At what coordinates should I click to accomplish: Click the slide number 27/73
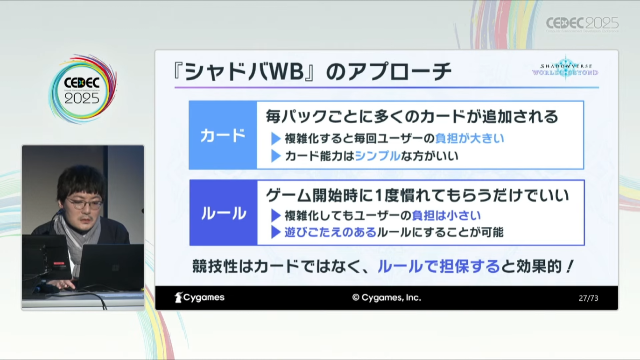[588, 298]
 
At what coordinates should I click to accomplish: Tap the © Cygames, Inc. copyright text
[387, 298]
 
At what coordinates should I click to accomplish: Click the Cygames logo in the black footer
[199, 297]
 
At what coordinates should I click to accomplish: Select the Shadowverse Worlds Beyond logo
[565, 69]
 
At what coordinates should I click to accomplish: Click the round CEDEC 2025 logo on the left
[82, 89]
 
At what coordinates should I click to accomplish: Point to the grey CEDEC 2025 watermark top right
[582, 24]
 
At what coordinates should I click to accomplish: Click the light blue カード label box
[223, 135]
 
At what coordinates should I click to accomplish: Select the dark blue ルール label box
[223, 213]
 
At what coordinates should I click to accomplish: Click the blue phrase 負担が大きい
[470, 138]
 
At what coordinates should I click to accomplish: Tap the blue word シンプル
[378, 156]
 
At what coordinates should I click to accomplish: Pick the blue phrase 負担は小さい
[446, 215]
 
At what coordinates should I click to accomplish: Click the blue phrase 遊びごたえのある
[331, 232]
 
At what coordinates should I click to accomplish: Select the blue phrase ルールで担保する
[439, 266]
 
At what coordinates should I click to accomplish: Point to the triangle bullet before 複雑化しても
[276, 216]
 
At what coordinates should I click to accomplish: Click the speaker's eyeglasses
[85, 204]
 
